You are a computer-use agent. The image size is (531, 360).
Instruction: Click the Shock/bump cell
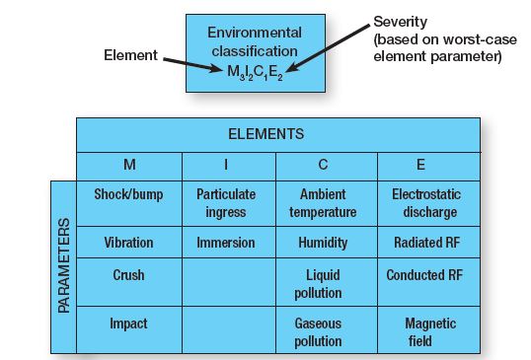pos(129,203)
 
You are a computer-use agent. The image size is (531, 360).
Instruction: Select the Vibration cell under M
pos(129,243)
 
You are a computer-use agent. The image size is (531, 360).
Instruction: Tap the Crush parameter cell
pos(129,282)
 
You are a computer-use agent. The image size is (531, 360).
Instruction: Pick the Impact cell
pos(129,329)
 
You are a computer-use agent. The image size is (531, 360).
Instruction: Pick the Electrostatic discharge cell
pos(428,203)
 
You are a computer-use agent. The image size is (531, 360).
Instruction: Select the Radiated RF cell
pos(428,243)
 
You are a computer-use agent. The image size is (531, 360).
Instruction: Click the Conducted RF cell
pos(428,282)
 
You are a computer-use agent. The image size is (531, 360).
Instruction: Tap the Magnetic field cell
pos(428,329)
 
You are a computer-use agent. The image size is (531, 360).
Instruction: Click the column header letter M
pos(129,165)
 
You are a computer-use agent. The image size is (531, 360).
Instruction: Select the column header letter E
pos(420,165)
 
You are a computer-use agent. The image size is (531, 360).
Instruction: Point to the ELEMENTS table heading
pos(266,134)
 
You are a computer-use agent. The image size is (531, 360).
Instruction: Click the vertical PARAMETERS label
pos(64,265)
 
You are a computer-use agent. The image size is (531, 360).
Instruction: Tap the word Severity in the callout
pos(401,22)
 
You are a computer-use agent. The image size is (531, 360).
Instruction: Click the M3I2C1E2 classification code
pos(255,72)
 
